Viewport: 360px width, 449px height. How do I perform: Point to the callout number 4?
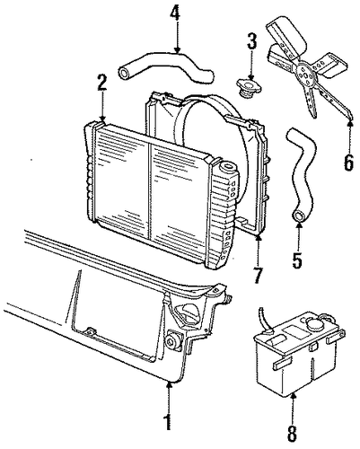click(x=176, y=13)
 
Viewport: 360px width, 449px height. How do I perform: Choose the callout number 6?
click(x=348, y=163)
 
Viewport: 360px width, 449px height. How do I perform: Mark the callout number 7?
click(x=258, y=276)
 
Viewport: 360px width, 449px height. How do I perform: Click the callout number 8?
click(x=293, y=434)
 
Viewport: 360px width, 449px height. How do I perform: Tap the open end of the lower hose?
click(x=298, y=216)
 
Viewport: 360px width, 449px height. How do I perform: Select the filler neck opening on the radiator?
click(x=227, y=166)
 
